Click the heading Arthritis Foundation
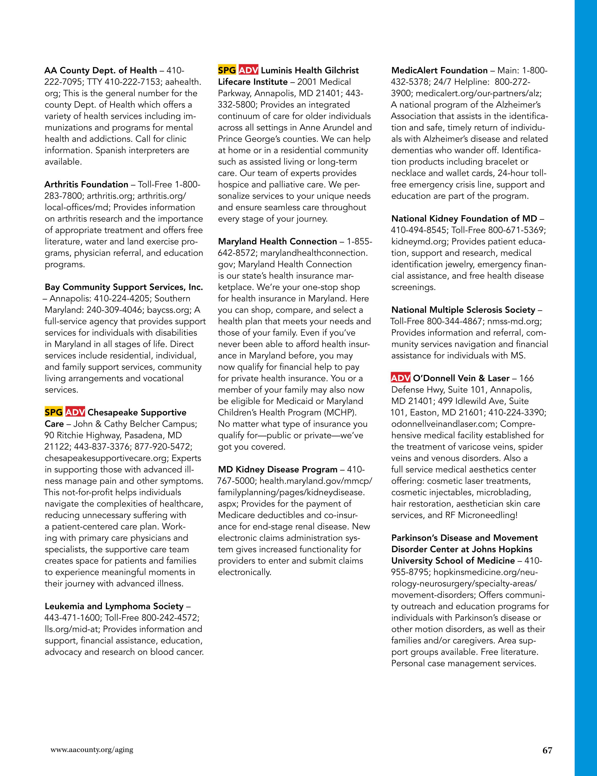[86, 184]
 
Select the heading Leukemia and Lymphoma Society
[114, 606]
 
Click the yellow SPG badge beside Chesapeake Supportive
[54, 412]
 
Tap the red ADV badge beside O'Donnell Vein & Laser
[401, 378]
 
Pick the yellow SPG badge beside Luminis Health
[227, 70]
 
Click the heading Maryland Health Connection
[277, 241]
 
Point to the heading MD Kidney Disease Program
[278, 469]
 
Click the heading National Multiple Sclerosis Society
[463, 310]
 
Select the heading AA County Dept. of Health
[101, 70]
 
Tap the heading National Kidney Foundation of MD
[464, 219]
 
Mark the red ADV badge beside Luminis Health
[248, 70]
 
